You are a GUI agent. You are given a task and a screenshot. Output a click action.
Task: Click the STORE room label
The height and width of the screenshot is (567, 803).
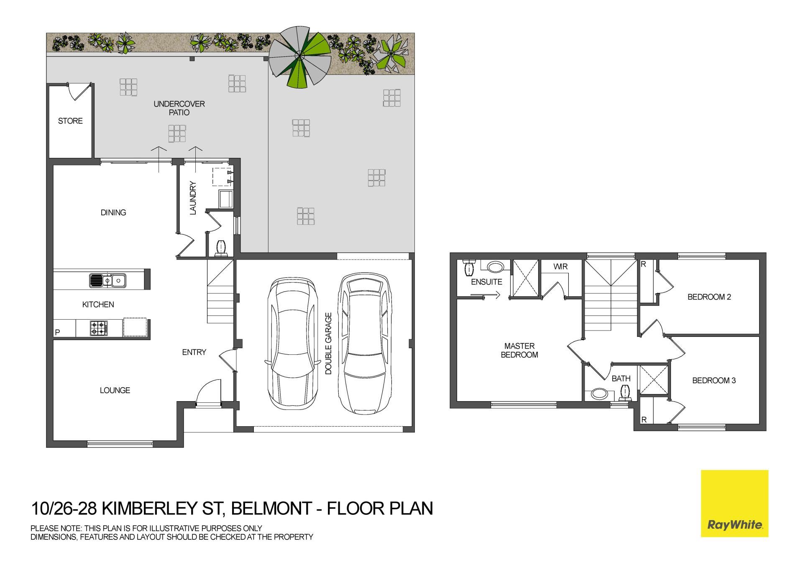click(70, 121)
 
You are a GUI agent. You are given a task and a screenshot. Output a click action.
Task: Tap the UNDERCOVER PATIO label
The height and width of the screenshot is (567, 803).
click(179, 108)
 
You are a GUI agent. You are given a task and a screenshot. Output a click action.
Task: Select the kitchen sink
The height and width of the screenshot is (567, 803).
click(107, 280)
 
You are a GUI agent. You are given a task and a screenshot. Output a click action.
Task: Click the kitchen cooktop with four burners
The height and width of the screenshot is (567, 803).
click(99, 328)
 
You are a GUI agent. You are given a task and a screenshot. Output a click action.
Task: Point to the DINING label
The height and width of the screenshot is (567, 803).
click(113, 212)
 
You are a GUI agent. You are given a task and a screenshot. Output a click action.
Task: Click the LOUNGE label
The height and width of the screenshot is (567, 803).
click(115, 390)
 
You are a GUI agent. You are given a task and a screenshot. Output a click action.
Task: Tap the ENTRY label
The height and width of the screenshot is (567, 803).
click(194, 352)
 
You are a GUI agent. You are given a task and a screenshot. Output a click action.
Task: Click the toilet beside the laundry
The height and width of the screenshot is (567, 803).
click(220, 248)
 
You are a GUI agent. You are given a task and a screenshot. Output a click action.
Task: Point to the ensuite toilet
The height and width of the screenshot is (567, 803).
click(470, 267)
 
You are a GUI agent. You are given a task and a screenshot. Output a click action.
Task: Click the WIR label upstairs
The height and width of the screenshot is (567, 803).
click(560, 267)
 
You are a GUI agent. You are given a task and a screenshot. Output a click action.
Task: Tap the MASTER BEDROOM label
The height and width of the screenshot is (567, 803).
click(519, 350)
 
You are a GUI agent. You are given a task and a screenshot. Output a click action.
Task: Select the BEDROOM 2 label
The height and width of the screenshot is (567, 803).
click(709, 297)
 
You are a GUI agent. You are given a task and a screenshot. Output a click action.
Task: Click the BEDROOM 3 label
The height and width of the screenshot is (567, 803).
click(714, 381)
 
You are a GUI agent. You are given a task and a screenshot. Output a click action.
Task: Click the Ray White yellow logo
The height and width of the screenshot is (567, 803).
click(734, 503)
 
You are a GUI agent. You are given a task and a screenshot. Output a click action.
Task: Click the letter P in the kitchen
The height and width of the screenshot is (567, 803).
click(58, 333)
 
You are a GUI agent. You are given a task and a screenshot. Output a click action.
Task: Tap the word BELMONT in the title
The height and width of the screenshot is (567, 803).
click(271, 509)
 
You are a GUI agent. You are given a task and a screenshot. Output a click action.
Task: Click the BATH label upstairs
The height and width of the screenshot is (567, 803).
click(621, 379)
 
